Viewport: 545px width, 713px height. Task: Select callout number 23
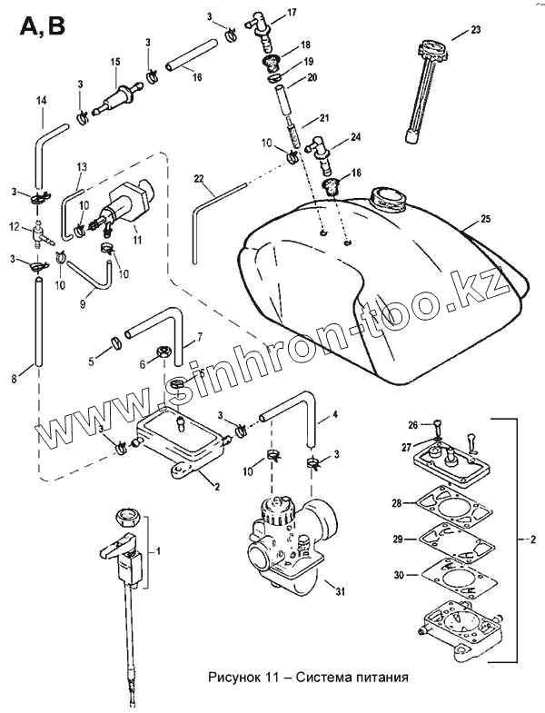coord(476,30)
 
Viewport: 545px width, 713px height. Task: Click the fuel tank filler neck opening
coord(388,197)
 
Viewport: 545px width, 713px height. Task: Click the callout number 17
coord(292,12)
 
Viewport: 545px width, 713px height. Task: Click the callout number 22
coord(199,179)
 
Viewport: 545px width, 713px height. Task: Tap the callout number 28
coord(397,502)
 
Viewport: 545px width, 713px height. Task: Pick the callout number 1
coord(160,550)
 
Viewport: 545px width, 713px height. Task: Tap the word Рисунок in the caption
coord(234,677)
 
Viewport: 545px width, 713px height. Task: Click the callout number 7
coord(200,338)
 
